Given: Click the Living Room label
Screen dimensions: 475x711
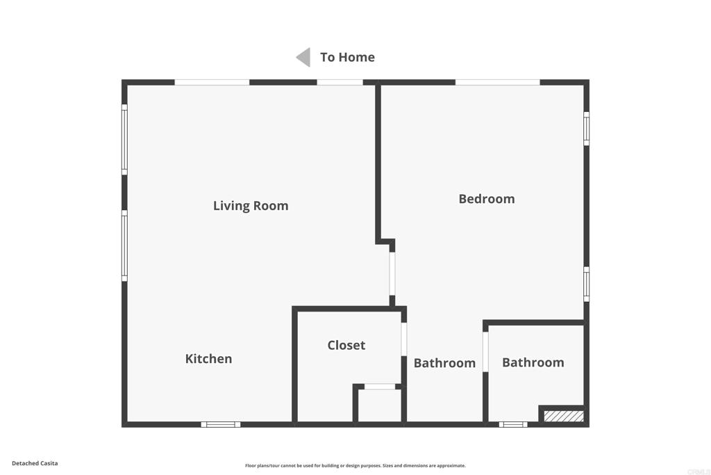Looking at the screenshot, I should (250, 206).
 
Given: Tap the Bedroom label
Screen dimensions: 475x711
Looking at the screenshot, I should (486, 199).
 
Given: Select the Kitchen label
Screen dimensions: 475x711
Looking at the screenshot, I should (208, 359).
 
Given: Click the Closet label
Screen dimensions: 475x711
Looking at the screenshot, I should (346, 345).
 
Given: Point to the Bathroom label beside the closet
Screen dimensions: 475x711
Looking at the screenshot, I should (444, 363).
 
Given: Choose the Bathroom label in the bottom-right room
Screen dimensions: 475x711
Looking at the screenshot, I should (533, 362).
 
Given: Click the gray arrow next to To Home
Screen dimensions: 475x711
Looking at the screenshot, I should (303, 57).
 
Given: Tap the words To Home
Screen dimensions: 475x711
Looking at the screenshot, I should (347, 57).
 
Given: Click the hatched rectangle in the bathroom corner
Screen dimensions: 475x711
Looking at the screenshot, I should (563, 416).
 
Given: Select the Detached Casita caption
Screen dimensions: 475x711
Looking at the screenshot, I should (35, 463).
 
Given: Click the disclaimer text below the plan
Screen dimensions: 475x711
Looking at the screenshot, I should (355, 466).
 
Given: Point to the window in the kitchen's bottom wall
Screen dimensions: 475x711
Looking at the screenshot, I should (221, 424).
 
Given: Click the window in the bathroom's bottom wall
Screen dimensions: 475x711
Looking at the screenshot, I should (513, 424).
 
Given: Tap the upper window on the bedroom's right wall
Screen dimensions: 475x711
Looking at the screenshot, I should (587, 129).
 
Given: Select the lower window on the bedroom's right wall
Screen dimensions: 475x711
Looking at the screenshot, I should (587, 284).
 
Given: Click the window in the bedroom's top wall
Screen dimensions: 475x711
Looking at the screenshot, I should (497, 82).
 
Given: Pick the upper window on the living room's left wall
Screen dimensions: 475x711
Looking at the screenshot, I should (124, 139).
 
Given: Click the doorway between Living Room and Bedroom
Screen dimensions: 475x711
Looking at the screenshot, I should (392, 273).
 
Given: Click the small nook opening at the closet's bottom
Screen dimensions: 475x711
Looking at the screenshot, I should (380, 387).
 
